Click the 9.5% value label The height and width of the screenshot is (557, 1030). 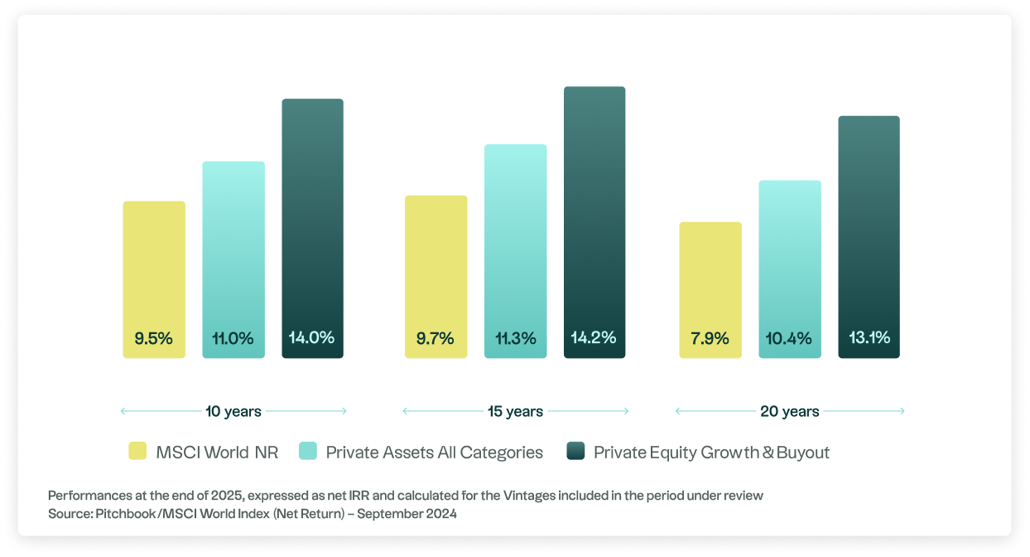point(153,338)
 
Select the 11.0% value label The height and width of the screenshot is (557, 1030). point(233,338)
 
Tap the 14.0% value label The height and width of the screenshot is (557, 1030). point(311,338)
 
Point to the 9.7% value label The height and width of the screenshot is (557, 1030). point(436,338)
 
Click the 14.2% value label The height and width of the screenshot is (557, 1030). point(594,338)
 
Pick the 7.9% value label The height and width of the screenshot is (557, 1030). point(710,338)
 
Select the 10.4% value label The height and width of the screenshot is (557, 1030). point(789,338)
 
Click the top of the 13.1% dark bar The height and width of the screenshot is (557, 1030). point(869,118)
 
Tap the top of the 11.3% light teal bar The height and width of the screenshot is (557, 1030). point(515,147)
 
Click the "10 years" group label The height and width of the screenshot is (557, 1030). point(233,411)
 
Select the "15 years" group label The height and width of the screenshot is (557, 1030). point(515,411)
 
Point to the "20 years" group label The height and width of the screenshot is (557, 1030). point(790,411)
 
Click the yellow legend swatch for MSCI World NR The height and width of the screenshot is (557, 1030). point(137,452)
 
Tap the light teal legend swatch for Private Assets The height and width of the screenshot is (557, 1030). point(307,452)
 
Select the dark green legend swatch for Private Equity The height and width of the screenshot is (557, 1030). point(575,452)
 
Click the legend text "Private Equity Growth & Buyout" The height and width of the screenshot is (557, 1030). point(711,453)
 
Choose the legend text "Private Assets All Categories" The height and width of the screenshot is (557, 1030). point(434,453)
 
